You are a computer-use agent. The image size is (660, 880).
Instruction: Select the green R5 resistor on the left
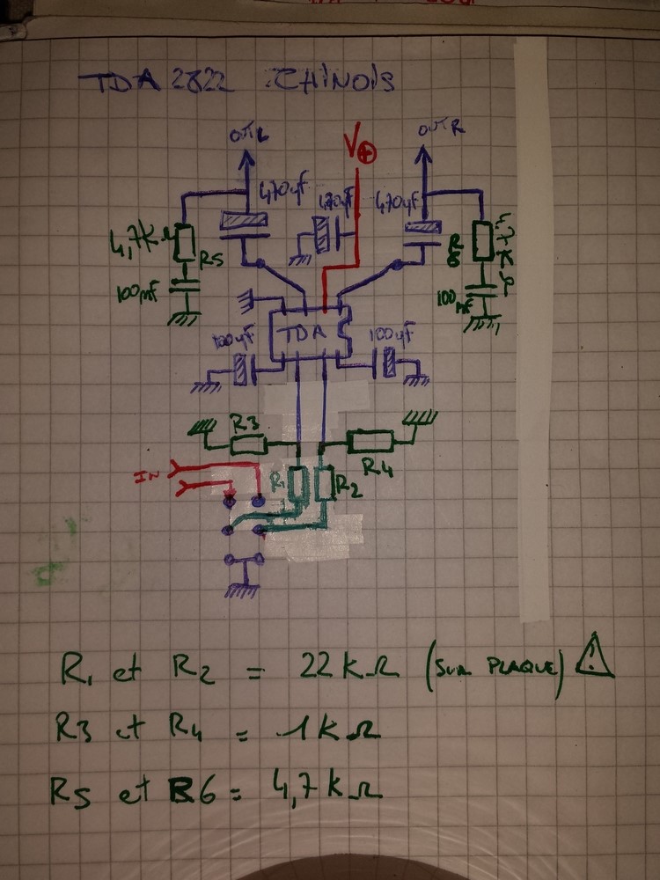(x=184, y=244)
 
